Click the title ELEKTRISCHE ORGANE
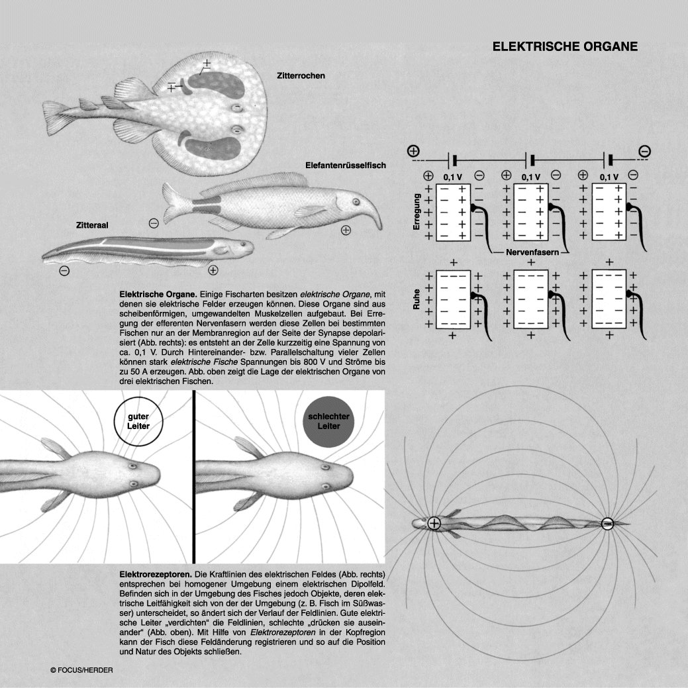(565, 47)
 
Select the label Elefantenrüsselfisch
(345, 164)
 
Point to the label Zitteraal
(93, 225)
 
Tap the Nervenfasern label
(534, 253)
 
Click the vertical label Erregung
(417, 212)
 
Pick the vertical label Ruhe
(417, 302)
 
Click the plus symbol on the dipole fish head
(434, 523)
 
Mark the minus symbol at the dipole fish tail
(607, 524)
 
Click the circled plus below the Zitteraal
(213, 270)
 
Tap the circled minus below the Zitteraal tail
(64, 270)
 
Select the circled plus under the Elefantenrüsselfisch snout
(346, 230)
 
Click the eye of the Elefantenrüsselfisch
(356, 202)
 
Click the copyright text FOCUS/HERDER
(82, 670)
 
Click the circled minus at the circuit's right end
(644, 152)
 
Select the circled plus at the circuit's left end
(414, 150)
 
